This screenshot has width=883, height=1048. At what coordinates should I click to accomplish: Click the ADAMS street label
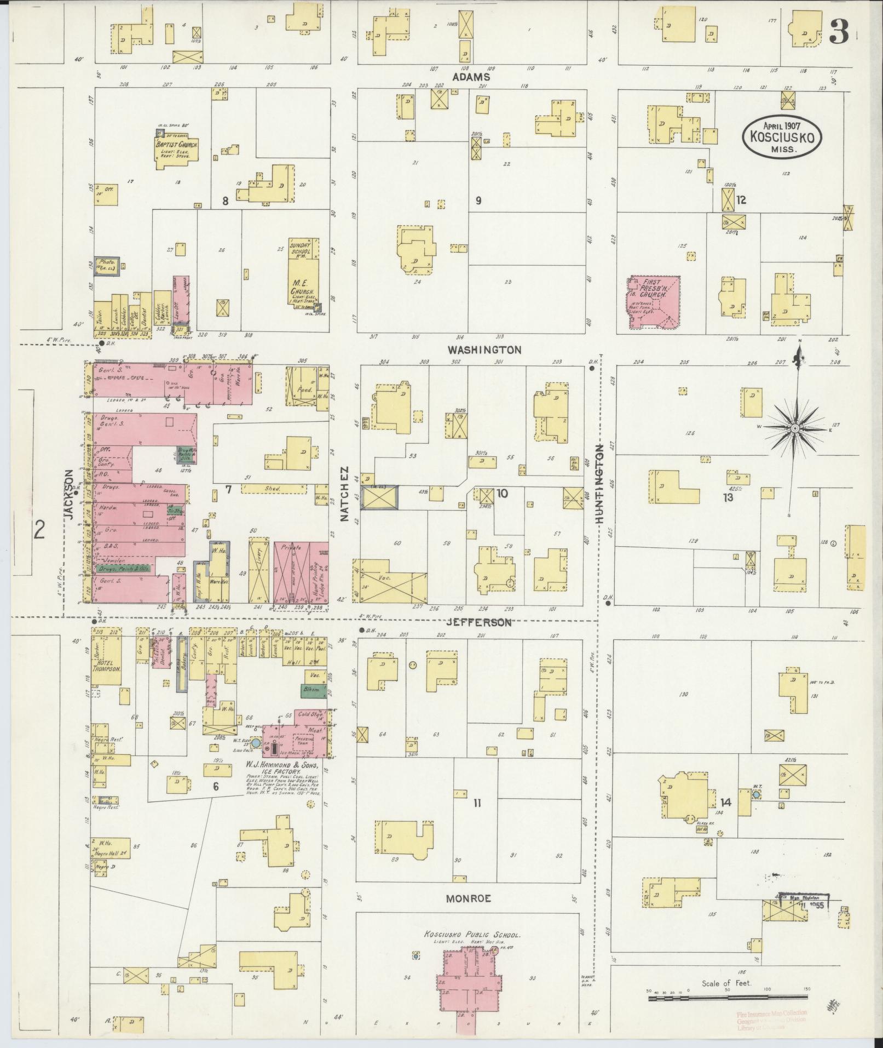point(470,77)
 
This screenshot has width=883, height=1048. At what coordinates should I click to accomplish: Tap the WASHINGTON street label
point(484,349)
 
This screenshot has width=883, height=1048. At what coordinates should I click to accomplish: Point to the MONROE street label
point(468,898)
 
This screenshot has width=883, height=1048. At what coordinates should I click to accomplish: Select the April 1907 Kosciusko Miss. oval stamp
point(782,136)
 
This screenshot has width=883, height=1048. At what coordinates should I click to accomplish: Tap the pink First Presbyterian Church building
point(654,303)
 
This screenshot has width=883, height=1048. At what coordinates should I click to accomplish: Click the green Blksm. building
point(313,691)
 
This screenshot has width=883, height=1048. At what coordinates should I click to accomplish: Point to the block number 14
point(725,802)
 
